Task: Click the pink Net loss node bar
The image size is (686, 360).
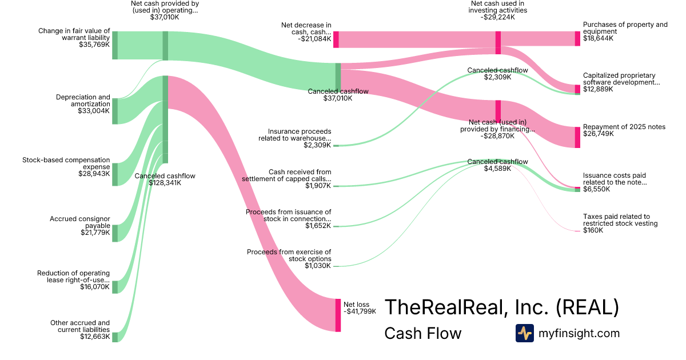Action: (x=338, y=315)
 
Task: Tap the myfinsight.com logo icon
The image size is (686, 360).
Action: (x=524, y=333)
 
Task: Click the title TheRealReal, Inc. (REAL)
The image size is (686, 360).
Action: (x=501, y=307)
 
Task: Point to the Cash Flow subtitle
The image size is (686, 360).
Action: (x=422, y=333)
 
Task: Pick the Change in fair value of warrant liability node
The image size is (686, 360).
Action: (x=114, y=45)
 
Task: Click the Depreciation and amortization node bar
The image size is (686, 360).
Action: (x=114, y=111)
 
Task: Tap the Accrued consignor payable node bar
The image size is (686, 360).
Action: (x=114, y=233)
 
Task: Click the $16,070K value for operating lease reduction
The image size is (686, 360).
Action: (x=95, y=287)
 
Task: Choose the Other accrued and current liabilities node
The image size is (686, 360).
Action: (x=114, y=337)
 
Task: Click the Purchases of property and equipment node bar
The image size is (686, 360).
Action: (x=577, y=39)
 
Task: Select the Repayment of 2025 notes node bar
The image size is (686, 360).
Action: (x=577, y=137)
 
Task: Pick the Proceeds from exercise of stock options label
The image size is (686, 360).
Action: (x=289, y=255)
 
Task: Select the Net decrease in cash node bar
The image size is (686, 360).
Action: (x=336, y=39)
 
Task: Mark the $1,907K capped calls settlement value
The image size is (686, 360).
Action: (x=318, y=186)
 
